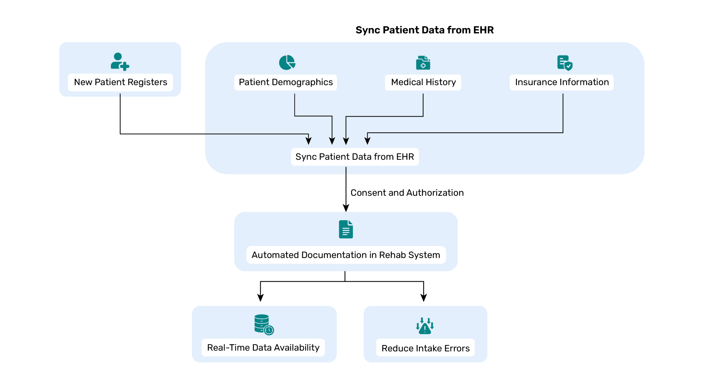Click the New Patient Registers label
(x=120, y=82)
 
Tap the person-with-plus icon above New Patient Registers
(x=120, y=61)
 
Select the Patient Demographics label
(x=285, y=82)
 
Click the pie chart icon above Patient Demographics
(x=287, y=62)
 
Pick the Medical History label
(x=423, y=82)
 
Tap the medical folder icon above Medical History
(x=423, y=63)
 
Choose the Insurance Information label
(x=561, y=82)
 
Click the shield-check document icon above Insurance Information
(x=564, y=63)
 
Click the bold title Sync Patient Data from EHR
(x=424, y=30)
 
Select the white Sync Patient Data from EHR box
(x=354, y=157)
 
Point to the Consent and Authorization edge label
(x=407, y=193)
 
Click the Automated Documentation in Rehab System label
(x=345, y=255)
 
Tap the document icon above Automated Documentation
(x=346, y=229)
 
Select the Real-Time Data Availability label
(x=263, y=348)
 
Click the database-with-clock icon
(x=264, y=324)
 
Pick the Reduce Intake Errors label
(x=425, y=348)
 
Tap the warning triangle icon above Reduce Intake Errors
(x=425, y=326)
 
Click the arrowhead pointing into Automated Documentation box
(x=346, y=208)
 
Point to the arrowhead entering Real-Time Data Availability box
(x=260, y=298)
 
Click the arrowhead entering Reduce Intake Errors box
(x=424, y=298)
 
